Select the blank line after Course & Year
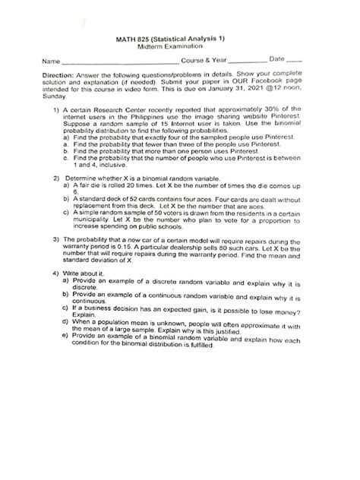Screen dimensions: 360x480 pos(248,62)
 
